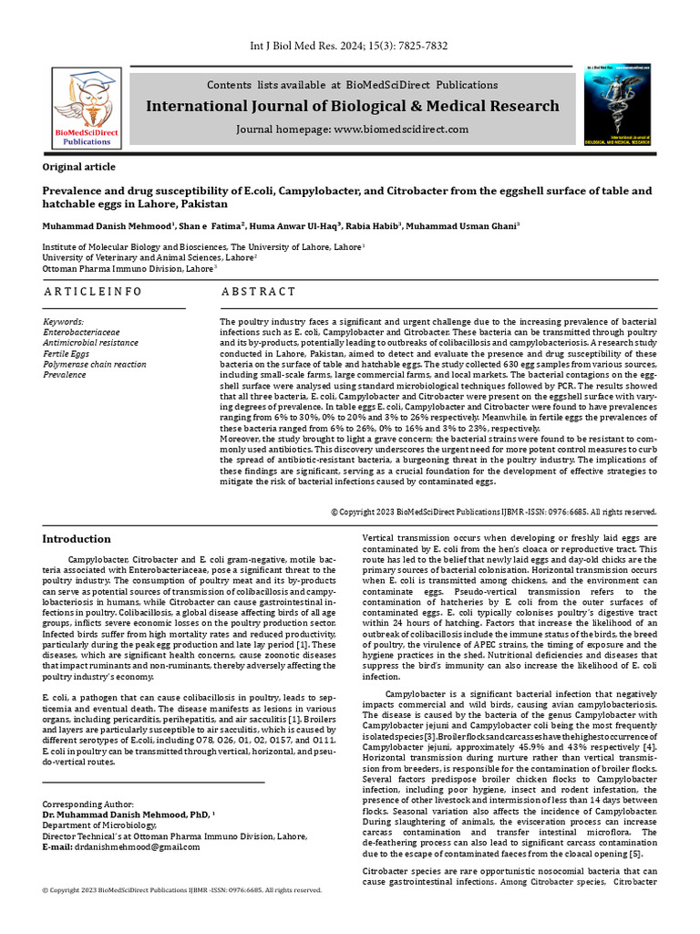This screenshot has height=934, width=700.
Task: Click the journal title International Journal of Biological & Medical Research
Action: (x=353, y=107)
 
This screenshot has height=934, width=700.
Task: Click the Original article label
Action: (x=79, y=167)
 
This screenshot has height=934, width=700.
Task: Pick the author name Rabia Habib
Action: (x=369, y=224)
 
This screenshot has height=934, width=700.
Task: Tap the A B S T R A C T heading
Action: (x=259, y=291)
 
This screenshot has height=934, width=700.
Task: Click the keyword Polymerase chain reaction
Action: (x=95, y=364)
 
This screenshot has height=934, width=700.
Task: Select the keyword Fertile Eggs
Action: (x=67, y=354)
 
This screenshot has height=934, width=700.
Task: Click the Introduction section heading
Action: (x=77, y=539)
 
